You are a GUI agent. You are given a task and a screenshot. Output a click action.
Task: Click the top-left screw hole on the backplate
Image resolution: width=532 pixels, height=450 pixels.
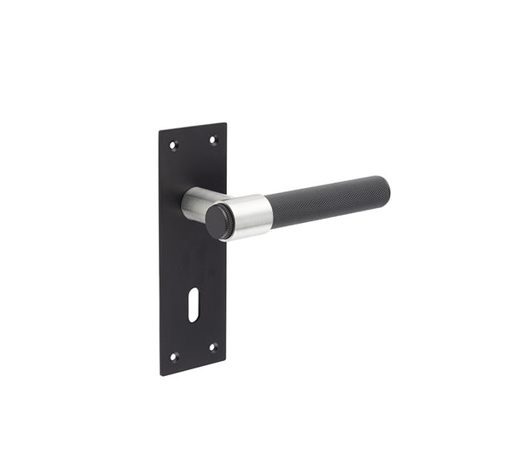tap(174, 146)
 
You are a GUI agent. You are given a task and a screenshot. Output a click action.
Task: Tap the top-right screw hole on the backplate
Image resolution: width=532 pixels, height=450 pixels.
tap(212, 139)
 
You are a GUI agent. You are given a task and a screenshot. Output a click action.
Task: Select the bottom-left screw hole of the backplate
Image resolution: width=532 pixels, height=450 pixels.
tap(174, 356)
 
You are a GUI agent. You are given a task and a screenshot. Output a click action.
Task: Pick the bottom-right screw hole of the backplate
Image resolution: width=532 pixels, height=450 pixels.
tap(212, 347)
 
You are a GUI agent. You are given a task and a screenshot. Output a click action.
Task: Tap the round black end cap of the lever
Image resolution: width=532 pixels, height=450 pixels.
tap(219, 221)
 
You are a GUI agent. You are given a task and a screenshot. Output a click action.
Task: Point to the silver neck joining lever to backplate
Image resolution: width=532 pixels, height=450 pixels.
tap(195, 204)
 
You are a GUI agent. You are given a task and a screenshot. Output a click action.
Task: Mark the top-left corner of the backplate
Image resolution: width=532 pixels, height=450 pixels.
tap(160, 131)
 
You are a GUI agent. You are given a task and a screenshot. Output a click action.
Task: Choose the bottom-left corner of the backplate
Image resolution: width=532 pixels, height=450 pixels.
tap(160, 374)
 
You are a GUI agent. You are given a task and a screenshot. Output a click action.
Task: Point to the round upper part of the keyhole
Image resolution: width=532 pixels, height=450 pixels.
tap(194, 301)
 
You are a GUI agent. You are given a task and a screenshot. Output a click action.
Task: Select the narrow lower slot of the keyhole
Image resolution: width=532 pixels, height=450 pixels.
tap(194, 315)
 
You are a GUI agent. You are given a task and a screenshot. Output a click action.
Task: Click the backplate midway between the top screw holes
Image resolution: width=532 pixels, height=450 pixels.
tap(193, 142)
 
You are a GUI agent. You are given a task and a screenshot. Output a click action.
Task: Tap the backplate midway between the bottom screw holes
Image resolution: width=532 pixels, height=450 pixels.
tap(193, 352)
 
